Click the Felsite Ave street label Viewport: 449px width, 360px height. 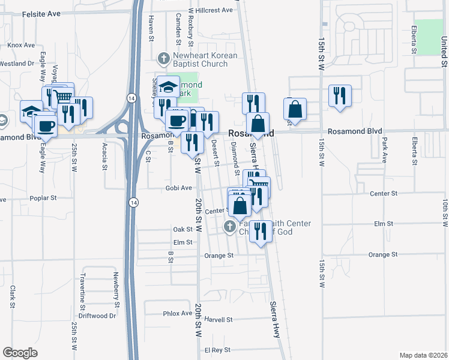[x=42, y=13]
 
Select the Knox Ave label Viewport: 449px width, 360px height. [x=21, y=45]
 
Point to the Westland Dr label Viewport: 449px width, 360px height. [x=16, y=63]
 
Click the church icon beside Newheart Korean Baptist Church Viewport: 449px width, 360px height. [x=162, y=58]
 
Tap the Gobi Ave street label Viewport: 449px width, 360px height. [x=178, y=188]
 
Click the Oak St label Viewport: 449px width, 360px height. [x=182, y=229]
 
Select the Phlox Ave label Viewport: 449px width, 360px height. [x=176, y=314]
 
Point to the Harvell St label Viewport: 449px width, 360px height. [x=218, y=320]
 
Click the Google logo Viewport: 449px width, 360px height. [x=20, y=352]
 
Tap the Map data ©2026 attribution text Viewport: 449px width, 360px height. [x=423, y=355]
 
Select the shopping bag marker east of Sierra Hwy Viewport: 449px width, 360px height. [x=295, y=110]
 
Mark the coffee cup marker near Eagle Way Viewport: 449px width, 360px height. [x=46, y=125]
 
